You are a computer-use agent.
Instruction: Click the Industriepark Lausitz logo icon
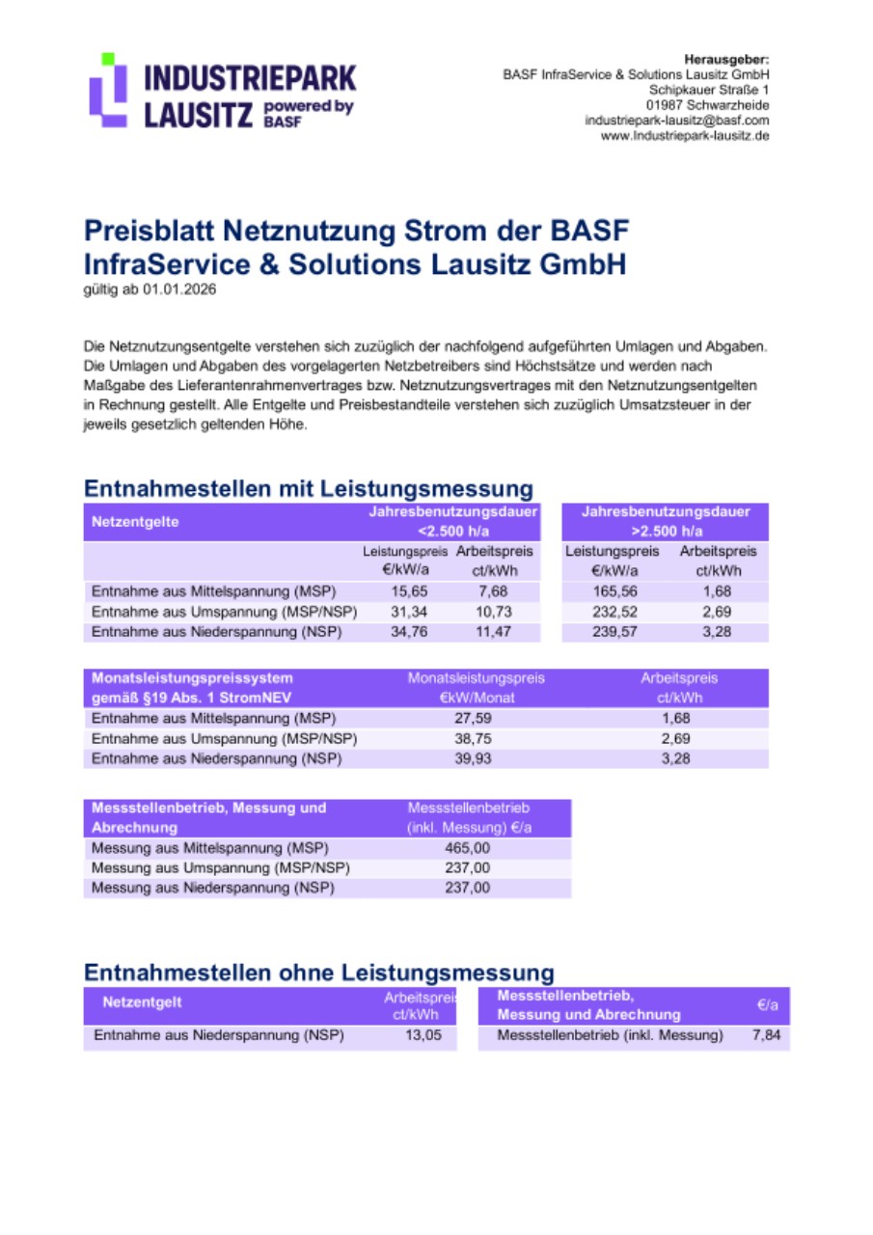pos(108,90)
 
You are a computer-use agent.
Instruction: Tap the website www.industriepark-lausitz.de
pos(684,136)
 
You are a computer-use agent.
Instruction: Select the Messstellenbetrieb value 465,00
pos(468,848)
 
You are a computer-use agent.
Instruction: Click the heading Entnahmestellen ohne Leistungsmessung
pos(318,972)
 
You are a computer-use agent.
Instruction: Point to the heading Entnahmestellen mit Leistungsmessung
pos(308,487)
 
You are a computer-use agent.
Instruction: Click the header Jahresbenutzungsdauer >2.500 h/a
pos(666,521)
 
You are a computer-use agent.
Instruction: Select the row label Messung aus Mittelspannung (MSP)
pos(209,848)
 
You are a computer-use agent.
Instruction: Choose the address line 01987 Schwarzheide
pos(707,105)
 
